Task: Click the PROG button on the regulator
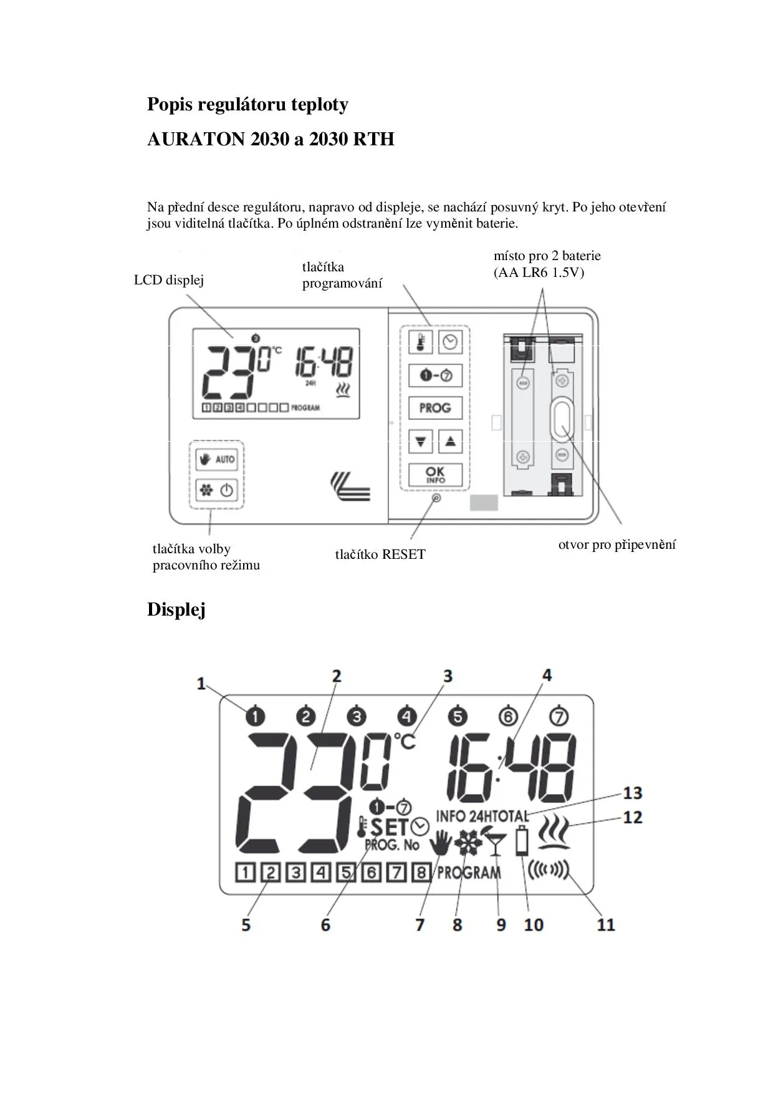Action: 435,408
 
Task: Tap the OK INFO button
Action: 435,475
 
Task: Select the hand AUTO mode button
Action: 216,460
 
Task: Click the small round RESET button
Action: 436,498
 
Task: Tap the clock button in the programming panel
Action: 450,342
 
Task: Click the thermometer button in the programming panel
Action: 420,342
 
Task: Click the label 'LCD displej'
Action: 169,280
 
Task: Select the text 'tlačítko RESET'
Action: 380,554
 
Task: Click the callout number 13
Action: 632,793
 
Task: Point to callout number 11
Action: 606,924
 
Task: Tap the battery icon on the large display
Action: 522,841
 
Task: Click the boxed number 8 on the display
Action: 421,872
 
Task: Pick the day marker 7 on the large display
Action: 559,716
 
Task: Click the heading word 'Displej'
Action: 176,610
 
